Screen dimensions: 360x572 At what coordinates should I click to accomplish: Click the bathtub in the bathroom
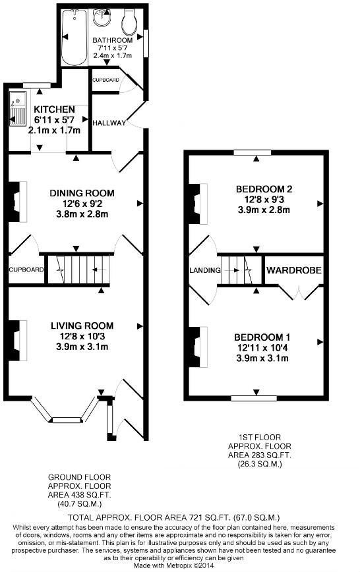(74, 37)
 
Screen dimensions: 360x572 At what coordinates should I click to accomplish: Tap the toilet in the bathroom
(130, 20)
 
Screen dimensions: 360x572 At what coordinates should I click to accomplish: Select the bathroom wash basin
(102, 17)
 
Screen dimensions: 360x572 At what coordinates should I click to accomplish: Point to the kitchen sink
(18, 108)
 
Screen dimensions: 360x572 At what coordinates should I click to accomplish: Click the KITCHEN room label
(55, 109)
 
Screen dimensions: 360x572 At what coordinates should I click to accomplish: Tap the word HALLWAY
(109, 123)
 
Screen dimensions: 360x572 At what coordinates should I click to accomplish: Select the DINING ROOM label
(82, 193)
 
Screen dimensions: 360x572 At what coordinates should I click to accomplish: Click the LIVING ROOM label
(82, 326)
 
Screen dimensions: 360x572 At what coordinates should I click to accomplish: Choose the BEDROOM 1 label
(262, 337)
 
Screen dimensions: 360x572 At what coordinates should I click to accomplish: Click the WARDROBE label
(294, 270)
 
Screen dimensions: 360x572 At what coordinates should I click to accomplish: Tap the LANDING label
(205, 270)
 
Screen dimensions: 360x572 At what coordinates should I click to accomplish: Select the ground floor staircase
(79, 270)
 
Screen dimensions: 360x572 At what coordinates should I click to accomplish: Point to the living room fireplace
(18, 341)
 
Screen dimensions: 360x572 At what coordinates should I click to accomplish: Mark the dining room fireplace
(18, 202)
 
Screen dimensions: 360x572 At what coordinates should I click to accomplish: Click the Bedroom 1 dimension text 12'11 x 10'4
(262, 348)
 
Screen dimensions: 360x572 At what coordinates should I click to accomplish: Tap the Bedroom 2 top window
(253, 153)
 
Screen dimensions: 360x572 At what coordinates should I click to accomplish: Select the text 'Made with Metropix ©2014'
(173, 566)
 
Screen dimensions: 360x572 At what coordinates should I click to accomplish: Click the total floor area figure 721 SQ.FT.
(209, 518)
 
